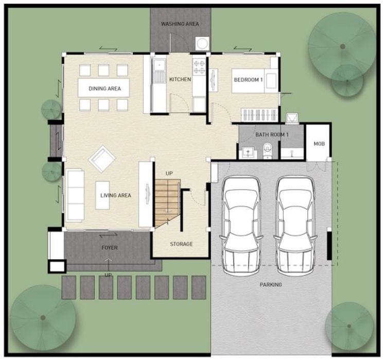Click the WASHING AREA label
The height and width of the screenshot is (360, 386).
(x=180, y=24)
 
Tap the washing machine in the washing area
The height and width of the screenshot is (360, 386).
(x=202, y=44)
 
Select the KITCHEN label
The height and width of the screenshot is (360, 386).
(x=180, y=79)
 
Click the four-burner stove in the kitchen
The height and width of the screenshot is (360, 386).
(x=199, y=67)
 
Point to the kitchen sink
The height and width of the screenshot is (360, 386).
(x=159, y=71)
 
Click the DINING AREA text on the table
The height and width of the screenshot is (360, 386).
(x=104, y=89)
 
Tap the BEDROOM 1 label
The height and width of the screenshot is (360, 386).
(x=248, y=80)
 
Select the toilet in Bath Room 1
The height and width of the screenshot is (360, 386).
(x=267, y=150)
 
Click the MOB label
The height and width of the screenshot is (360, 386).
(x=319, y=144)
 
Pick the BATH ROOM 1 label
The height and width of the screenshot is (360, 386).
(x=272, y=134)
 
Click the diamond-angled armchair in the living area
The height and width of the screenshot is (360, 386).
(x=102, y=159)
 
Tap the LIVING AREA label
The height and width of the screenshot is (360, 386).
(x=116, y=195)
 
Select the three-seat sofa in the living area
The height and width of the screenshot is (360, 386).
(x=75, y=195)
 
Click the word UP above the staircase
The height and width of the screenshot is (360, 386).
(x=169, y=174)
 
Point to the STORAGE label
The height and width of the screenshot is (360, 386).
(x=181, y=244)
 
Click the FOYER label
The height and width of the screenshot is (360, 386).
(x=110, y=247)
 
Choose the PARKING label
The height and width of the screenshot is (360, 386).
(x=271, y=285)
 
